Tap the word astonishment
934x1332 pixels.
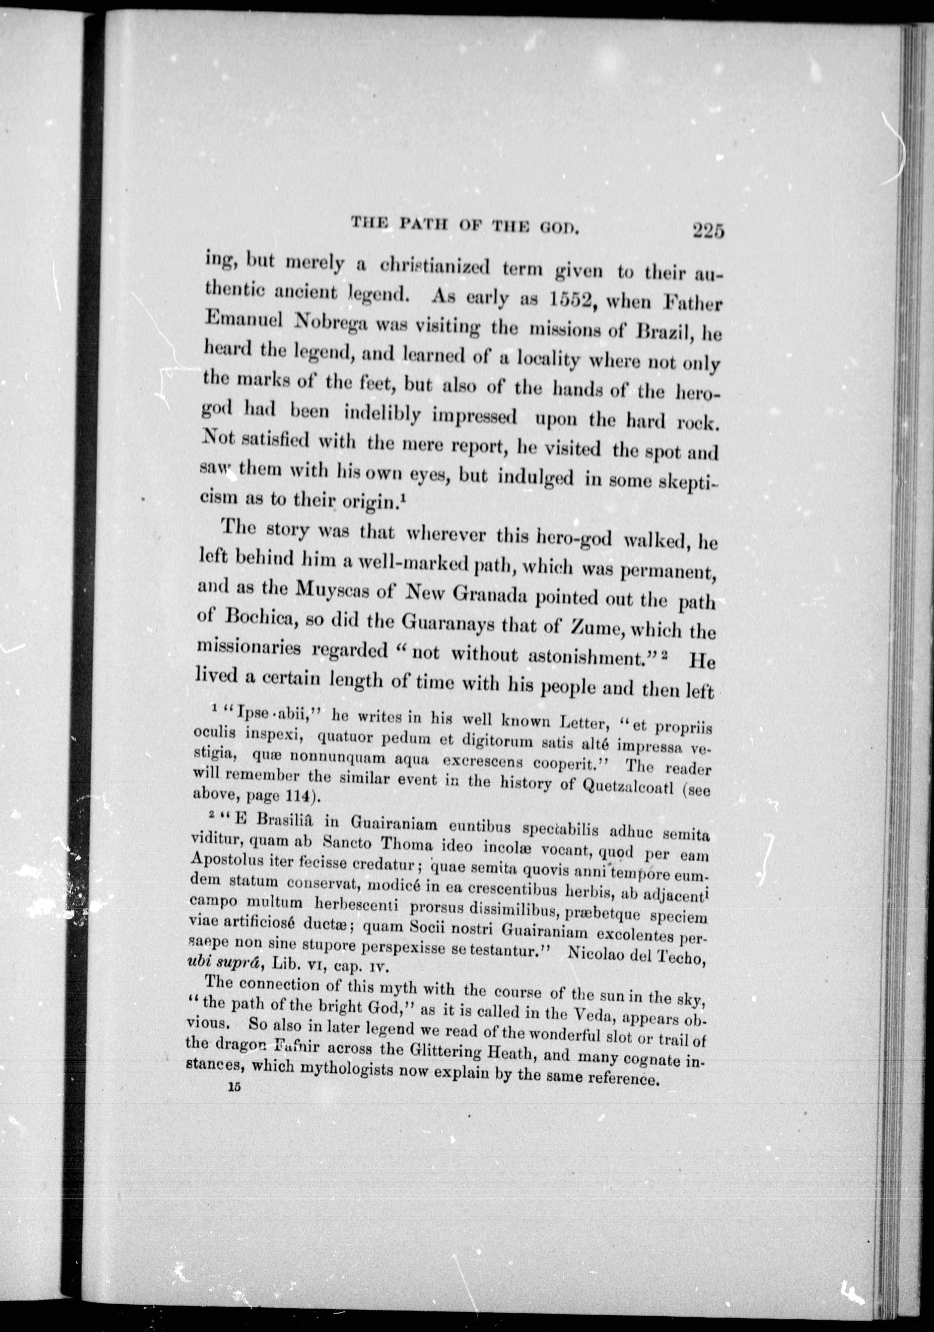coord(596,656)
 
